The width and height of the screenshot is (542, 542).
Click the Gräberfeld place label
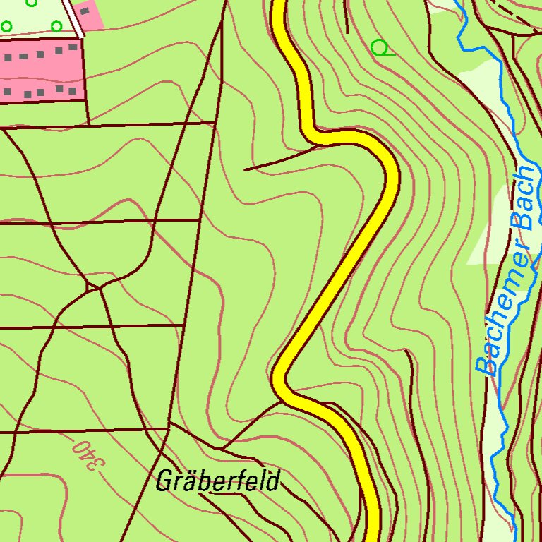coord(217,481)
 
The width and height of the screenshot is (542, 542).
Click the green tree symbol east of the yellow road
coord(380,48)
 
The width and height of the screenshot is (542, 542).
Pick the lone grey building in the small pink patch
coord(84,11)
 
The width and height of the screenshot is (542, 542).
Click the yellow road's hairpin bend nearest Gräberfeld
coord(280,379)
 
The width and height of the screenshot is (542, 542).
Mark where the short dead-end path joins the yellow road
coord(315,147)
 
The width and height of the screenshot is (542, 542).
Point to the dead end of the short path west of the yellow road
coord(245,169)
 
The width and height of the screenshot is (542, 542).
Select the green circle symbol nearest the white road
coord(56,26)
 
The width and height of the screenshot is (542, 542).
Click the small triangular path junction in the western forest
coord(92,287)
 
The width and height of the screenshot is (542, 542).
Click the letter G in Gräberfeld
coord(164,481)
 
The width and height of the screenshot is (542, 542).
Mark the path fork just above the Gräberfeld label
coord(220,448)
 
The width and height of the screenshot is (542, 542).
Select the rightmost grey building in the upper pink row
coord(73,47)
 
